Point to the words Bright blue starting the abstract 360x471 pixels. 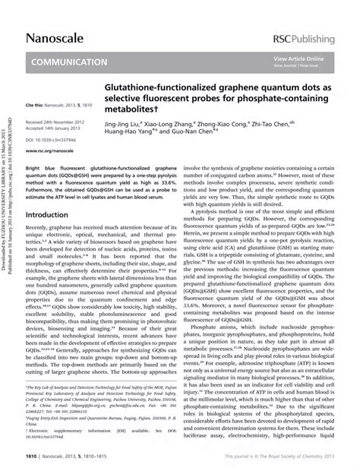[x=38, y=163]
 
